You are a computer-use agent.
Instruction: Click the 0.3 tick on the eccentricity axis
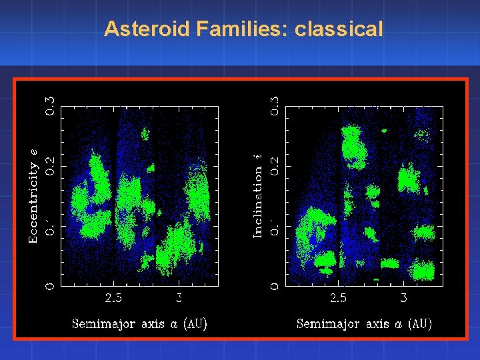click(50, 105)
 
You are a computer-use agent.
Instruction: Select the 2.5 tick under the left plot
click(114, 298)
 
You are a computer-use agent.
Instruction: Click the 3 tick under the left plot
click(179, 298)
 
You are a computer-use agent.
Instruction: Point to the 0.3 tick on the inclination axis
click(275, 105)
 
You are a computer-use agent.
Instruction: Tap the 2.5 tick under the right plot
click(339, 298)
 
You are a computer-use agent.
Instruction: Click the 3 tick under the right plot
click(403, 298)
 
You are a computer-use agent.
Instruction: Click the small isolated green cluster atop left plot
click(146, 134)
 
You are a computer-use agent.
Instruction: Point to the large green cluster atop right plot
click(354, 147)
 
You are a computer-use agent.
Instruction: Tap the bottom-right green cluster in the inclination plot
click(423, 271)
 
